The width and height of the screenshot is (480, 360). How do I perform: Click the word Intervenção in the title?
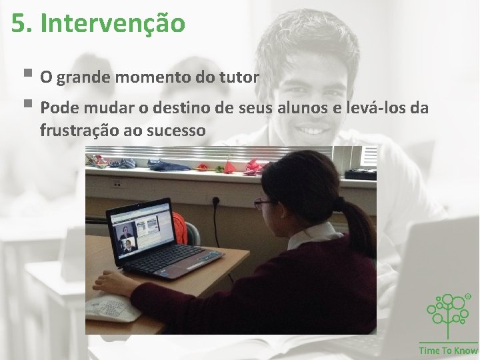point(112,24)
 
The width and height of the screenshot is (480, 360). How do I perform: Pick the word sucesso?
point(177,130)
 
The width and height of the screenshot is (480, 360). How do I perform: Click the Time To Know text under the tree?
point(448,351)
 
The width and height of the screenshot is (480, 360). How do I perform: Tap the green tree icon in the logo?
point(448,312)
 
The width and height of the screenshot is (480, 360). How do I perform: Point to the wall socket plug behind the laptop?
point(215,202)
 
